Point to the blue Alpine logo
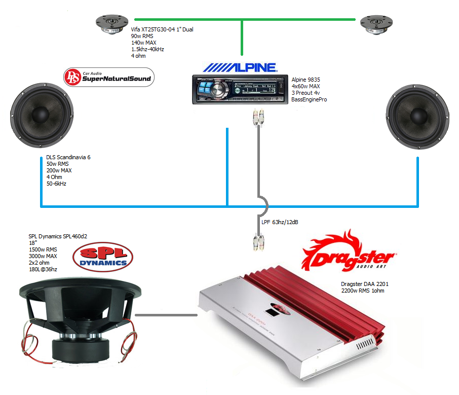pos(240,67)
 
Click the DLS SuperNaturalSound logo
pos(108,78)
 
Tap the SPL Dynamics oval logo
pos(103,257)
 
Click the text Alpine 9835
pos(305,80)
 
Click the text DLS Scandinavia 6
pos(68,158)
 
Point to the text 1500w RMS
pos(43,249)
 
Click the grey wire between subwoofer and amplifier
pos(166,315)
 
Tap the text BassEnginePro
pos(309,100)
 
